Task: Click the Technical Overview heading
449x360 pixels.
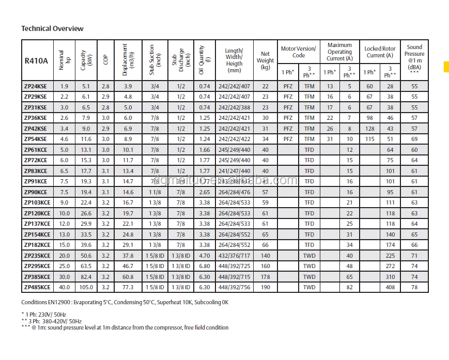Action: (52, 28)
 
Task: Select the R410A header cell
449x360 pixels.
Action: (36, 60)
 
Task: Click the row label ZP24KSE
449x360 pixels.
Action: (35, 86)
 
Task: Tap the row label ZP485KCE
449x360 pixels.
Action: (37, 287)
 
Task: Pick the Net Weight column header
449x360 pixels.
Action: (265, 60)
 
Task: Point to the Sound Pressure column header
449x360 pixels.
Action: (414, 57)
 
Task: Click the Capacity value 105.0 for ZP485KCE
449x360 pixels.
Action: (86, 287)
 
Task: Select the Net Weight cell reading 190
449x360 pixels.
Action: (265, 287)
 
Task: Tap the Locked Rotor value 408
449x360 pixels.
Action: (390, 287)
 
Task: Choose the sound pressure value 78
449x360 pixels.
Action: (414, 287)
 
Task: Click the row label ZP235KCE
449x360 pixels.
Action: (37, 256)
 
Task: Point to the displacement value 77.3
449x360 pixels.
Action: (128, 287)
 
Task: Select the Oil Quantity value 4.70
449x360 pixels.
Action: (205, 256)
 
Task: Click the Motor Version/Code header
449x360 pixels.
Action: (298, 52)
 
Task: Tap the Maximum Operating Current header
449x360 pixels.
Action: (339, 52)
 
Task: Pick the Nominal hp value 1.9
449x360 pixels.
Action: (64, 86)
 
